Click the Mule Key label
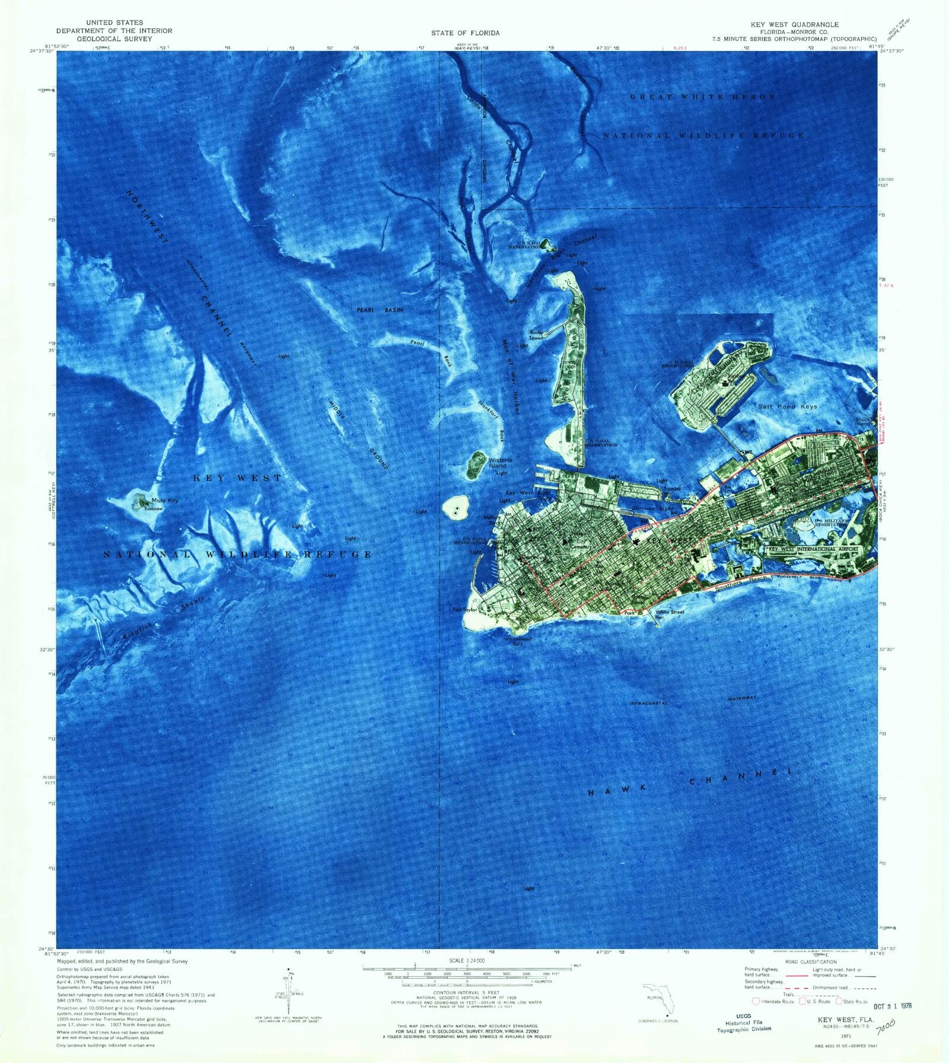click(x=164, y=500)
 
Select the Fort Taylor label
click(x=466, y=609)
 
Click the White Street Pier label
click(x=670, y=614)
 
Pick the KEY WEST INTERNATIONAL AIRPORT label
click(x=813, y=549)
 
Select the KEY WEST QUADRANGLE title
click(x=795, y=24)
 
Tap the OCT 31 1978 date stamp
click(x=893, y=1006)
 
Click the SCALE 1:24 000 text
click(x=465, y=960)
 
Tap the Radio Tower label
click(x=536, y=335)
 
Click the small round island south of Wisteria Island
click(x=456, y=508)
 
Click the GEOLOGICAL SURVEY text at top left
click(x=114, y=39)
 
